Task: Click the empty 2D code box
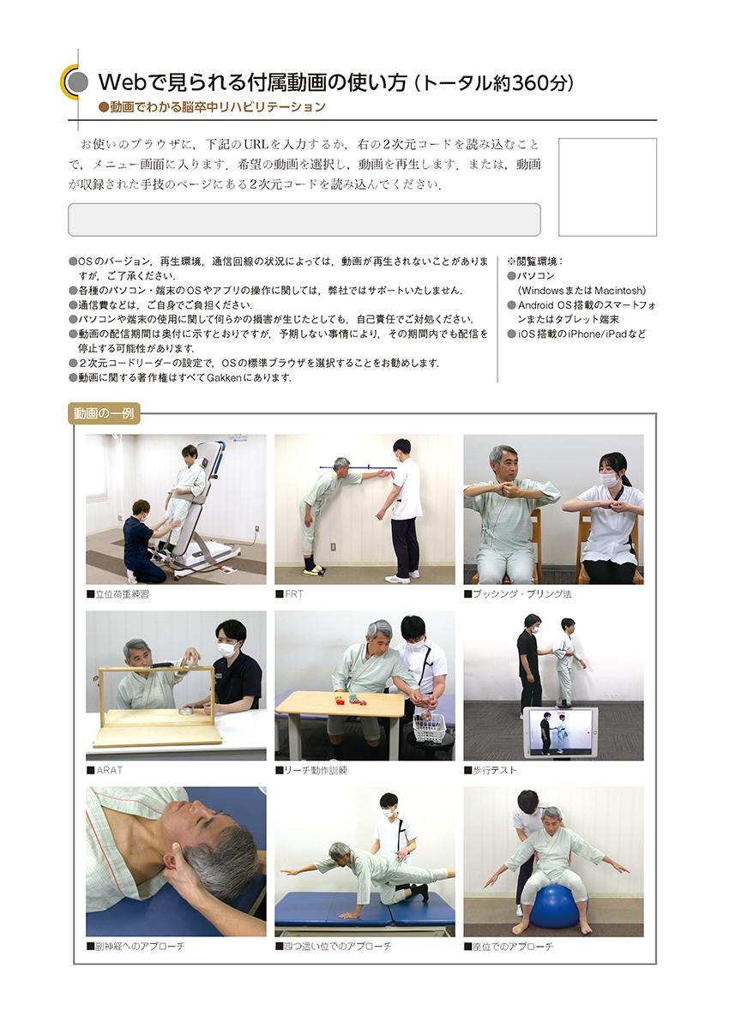[607, 187]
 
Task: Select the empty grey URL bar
[304, 220]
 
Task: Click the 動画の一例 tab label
[104, 413]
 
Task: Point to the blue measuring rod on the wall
[357, 467]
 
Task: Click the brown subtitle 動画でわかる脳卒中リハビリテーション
[212, 107]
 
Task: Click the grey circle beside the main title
[76, 82]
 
